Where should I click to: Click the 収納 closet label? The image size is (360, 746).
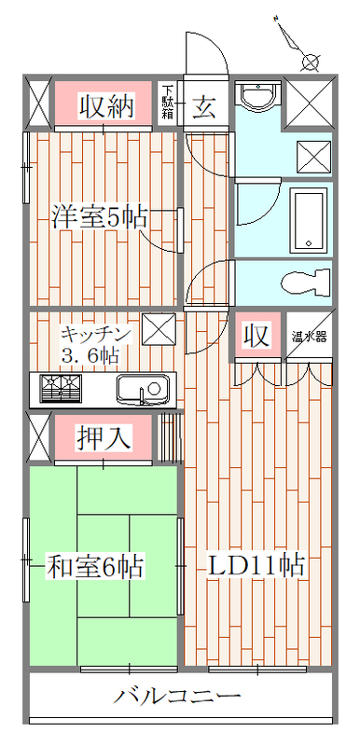(x=105, y=106)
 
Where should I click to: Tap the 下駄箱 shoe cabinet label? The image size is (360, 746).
(x=167, y=102)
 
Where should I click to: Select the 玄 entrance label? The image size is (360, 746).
(x=204, y=106)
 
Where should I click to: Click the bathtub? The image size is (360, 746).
(x=309, y=219)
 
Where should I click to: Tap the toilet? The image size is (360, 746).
(x=306, y=283)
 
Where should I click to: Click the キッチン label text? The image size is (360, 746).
(x=95, y=334)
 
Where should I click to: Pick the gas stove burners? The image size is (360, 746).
(x=62, y=389)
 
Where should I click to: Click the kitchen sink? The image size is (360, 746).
(x=143, y=390)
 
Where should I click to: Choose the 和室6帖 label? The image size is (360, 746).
(x=95, y=566)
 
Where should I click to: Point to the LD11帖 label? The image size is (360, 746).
(x=256, y=566)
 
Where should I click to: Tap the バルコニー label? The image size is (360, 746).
(x=177, y=698)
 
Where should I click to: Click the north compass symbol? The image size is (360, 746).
(x=298, y=44)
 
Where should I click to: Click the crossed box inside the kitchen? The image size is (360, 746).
(x=159, y=329)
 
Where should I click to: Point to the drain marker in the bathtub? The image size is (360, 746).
(x=309, y=243)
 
